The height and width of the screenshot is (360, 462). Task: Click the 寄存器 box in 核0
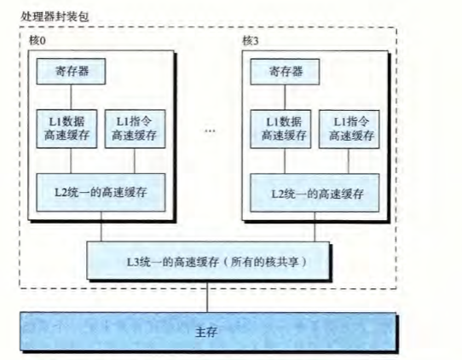coord(71,72)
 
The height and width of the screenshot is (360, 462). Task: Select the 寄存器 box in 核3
coord(285,72)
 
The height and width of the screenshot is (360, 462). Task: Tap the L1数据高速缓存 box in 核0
coord(66,129)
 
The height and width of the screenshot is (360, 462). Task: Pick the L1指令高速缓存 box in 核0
coord(135,129)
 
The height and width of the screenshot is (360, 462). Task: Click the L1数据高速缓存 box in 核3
coord(280,129)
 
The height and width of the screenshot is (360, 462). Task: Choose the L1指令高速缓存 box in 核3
coord(349,129)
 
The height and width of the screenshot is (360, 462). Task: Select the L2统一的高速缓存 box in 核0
coord(101,193)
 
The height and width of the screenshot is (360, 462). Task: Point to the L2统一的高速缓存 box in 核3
coord(315,193)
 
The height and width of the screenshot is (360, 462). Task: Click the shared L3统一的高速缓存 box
coord(208,261)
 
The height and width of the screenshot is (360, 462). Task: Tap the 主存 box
coord(208,332)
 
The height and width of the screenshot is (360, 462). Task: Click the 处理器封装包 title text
coord(55,16)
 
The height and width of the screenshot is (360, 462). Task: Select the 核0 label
coord(38,40)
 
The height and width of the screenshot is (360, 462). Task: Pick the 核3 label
coord(251,41)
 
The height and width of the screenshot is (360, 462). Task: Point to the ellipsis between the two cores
coord(210,131)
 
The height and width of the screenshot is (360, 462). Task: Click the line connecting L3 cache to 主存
coord(207,296)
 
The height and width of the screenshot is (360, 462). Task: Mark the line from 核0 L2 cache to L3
coord(101,227)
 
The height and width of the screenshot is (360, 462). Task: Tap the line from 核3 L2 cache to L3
coord(315,227)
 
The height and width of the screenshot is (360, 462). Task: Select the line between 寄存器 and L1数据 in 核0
coord(71,97)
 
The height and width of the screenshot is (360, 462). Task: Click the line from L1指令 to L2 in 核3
coord(349,161)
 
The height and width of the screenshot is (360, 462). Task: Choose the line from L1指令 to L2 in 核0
coord(135,160)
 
